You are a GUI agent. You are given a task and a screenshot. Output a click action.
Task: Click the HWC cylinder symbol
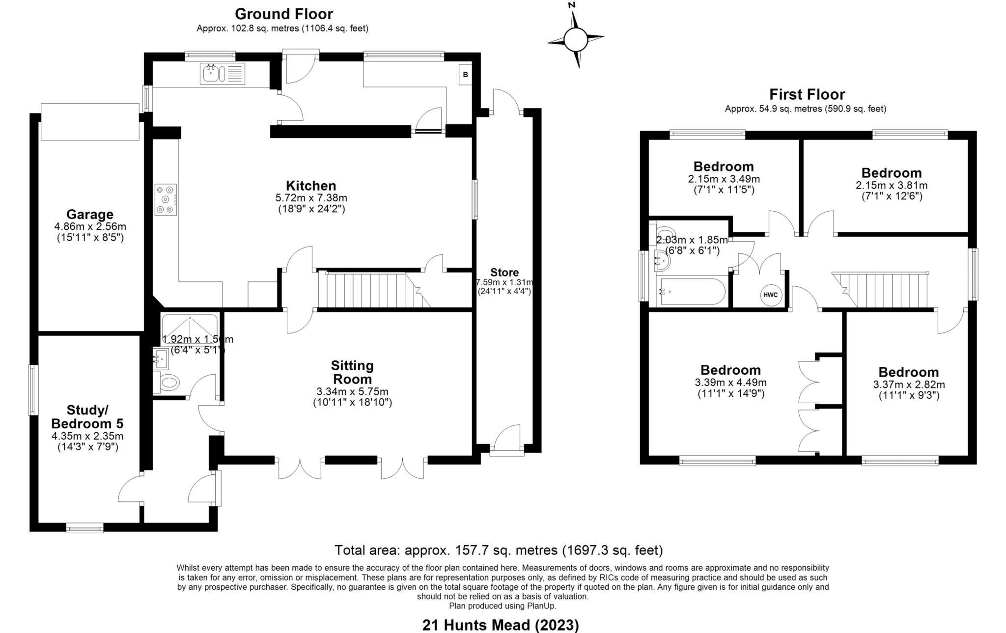[x=770, y=295]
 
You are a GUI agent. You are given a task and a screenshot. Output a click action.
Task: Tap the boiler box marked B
[x=465, y=75]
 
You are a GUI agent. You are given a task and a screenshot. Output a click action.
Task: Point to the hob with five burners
[x=166, y=199]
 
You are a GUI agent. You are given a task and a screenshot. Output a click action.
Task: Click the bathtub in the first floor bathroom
[x=693, y=292]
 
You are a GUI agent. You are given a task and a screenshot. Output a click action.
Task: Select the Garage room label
[x=90, y=215]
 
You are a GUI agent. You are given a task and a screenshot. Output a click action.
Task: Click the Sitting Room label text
[x=352, y=372]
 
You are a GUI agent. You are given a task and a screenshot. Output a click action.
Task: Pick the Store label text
[x=504, y=273]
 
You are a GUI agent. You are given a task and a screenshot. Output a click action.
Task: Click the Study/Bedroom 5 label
[x=87, y=416]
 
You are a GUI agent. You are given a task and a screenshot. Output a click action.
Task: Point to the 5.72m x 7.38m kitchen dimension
[x=311, y=198]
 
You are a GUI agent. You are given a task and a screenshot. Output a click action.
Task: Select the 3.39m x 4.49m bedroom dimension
[x=730, y=383]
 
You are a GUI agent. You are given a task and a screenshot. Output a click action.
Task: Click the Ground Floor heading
[x=283, y=14]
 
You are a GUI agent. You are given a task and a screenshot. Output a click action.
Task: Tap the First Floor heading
[x=807, y=94]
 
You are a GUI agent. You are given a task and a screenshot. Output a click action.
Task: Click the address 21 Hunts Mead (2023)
[x=500, y=625]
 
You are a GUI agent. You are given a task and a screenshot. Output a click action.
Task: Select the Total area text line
[x=498, y=550]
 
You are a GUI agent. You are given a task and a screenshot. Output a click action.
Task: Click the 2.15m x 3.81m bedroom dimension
[x=891, y=186]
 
